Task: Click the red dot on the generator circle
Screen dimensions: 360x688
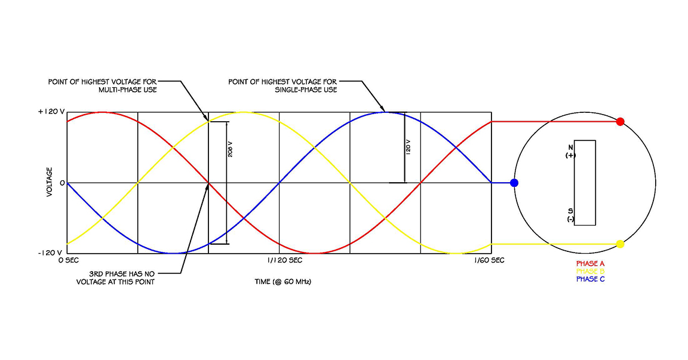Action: (x=620, y=122)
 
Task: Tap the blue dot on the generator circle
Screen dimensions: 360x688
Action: (x=514, y=183)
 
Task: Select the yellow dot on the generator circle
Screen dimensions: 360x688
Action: (x=620, y=244)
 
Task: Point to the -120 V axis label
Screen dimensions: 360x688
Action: (x=50, y=253)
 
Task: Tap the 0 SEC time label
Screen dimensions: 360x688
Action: (x=71, y=261)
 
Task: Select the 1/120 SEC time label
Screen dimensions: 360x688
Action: (x=284, y=261)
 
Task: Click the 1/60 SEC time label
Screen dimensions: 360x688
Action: (x=489, y=261)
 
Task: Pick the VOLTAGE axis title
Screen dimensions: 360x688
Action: (x=50, y=183)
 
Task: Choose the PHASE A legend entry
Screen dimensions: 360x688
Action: (x=591, y=263)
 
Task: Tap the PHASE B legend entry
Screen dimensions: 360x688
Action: (x=591, y=271)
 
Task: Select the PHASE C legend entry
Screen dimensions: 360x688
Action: (x=591, y=279)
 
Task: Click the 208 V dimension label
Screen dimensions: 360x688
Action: (x=230, y=149)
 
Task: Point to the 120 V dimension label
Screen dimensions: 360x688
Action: (x=408, y=147)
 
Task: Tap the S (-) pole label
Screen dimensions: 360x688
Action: (x=570, y=215)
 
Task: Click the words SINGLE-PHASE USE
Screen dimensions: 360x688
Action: (x=306, y=90)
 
